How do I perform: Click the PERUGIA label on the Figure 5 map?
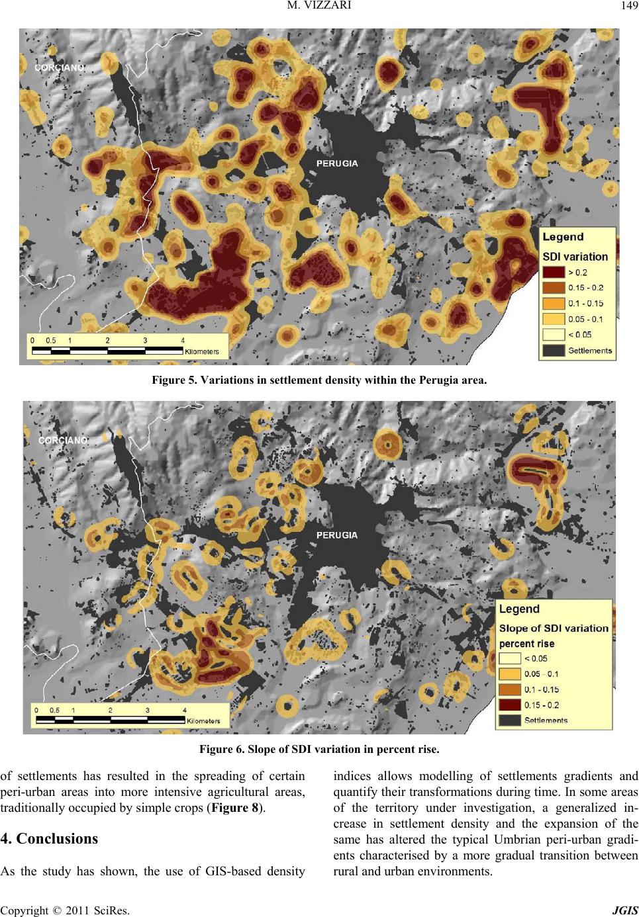tap(337, 163)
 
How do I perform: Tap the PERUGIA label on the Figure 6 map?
tap(337, 535)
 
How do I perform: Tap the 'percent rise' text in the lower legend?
tap(526, 643)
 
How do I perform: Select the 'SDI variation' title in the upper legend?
tap(575, 256)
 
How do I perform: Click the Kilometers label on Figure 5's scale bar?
tap(202, 352)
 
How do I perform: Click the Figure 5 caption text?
tap(319, 381)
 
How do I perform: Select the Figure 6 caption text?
tap(319, 750)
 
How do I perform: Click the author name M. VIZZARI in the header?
tap(319, 7)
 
